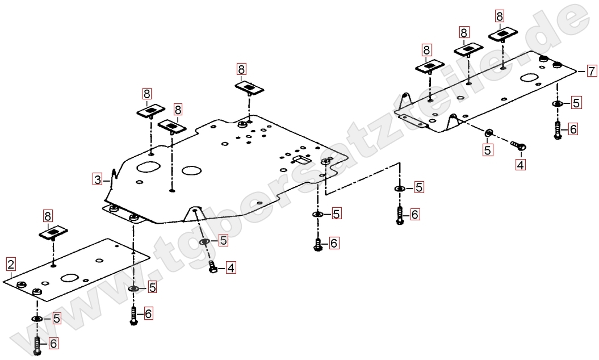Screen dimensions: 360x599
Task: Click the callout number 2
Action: (x=11, y=263)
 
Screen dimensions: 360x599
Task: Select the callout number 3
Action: (x=98, y=179)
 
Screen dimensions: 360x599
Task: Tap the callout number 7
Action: (x=592, y=71)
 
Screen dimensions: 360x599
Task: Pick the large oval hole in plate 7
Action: (x=531, y=78)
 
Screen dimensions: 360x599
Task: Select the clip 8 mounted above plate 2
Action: (x=53, y=233)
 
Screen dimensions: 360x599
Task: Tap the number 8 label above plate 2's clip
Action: (x=48, y=216)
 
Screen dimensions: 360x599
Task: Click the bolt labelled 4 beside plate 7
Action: (x=520, y=146)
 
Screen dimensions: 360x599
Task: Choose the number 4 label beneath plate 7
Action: (x=520, y=165)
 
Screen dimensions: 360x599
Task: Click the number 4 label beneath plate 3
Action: (x=230, y=267)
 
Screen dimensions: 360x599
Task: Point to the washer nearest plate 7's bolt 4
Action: (x=488, y=133)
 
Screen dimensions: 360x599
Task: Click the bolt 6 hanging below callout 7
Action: (x=557, y=130)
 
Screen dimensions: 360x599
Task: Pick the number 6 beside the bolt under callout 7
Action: (x=573, y=129)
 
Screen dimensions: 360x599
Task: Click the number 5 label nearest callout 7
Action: (x=576, y=103)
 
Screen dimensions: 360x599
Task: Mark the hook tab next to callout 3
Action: (x=114, y=173)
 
